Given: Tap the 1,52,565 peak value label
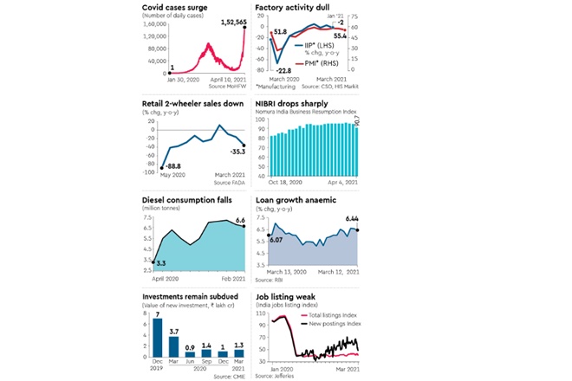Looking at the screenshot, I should (x=227, y=20).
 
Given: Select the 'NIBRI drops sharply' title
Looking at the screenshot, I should (x=293, y=103).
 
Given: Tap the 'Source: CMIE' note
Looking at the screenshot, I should (x=227, y=377).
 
